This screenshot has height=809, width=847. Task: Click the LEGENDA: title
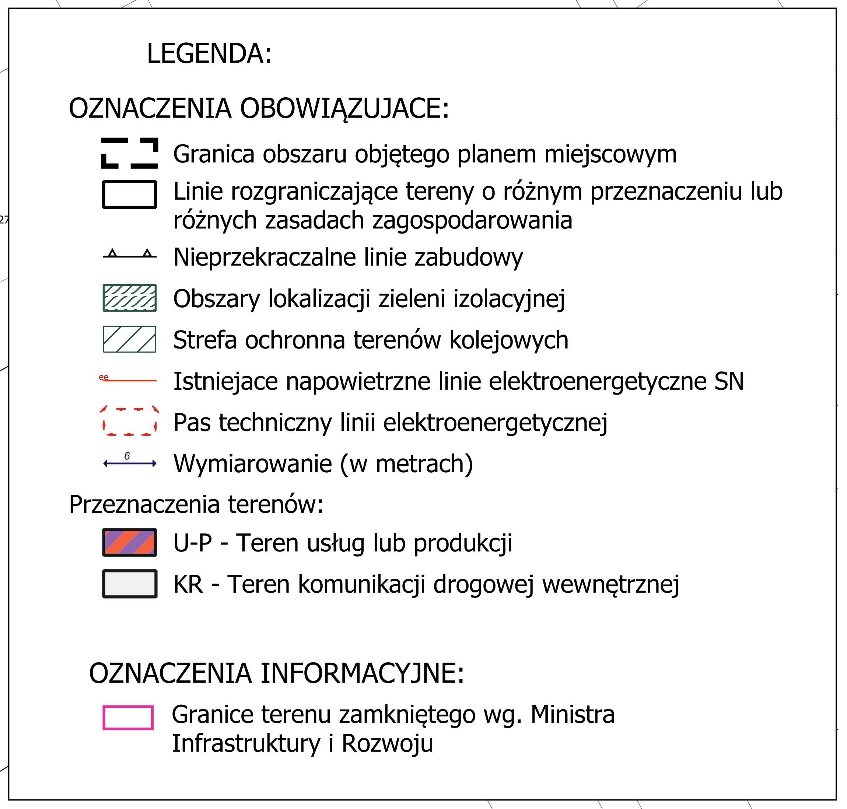209,53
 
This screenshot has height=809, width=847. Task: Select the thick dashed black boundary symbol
129,153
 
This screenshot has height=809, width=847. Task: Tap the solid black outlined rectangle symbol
129,195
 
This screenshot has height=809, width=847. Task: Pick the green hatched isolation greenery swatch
129,298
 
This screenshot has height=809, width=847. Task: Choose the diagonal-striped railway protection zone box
129,339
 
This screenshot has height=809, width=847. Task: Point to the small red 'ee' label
104,377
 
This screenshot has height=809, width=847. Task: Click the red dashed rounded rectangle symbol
129,420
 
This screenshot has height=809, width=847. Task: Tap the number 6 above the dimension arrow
127,456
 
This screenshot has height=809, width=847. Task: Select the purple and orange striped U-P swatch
129,542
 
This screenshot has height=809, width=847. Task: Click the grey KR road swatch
129,584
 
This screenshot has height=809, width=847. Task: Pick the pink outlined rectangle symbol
128,718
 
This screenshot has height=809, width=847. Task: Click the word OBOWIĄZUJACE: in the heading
344,108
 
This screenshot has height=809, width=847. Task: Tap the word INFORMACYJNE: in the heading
362,673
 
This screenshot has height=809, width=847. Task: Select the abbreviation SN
729,381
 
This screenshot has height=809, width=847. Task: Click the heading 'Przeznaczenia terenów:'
196,504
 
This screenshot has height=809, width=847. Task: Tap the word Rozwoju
387,743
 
